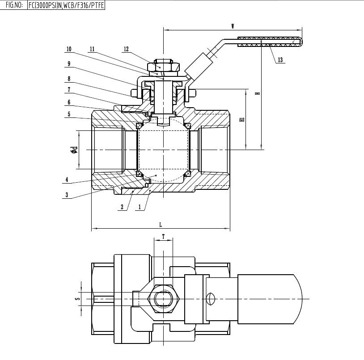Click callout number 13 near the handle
tap(280, 60)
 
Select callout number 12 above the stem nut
tap(126, 49)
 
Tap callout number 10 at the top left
tap(69, 49)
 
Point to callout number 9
tap(69, 63)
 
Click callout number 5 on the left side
tap(69, 114)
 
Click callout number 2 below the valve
tap(122, 207)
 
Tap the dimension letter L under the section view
tap(161, 224)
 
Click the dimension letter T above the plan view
tap(163, 236)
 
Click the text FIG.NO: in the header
tap(13, 5)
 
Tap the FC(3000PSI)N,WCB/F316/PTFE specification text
tap(66, 5)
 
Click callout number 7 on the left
tap(69, 89)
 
